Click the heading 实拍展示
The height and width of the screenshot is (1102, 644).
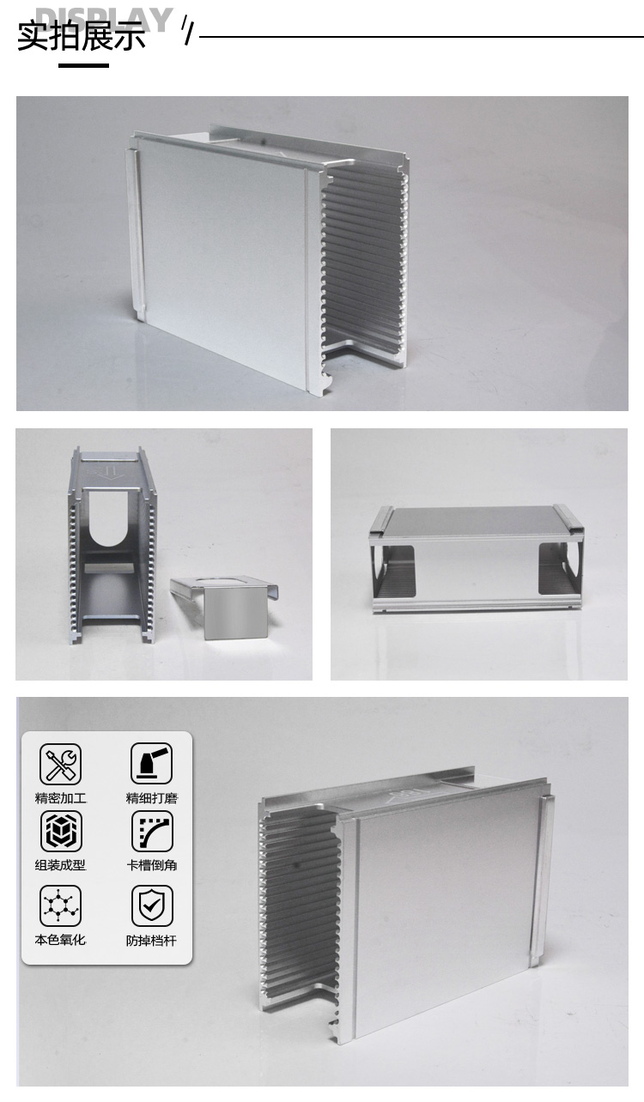point(82,36)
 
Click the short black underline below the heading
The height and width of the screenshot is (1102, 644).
point(83,65)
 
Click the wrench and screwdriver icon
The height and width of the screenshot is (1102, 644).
point(61,764)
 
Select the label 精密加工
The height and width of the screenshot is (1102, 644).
point(61,798)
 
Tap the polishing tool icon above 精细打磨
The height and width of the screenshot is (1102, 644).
point(152,763)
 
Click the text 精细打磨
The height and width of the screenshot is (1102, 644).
point(152,798)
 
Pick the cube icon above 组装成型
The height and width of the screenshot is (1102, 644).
point(61,832)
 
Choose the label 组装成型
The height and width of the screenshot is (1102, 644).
point(61,865)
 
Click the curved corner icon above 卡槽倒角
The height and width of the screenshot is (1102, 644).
point(152,832)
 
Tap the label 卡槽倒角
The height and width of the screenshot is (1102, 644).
point(152,865)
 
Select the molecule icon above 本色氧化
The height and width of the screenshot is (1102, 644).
point(61,906)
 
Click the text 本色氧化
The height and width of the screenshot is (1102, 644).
point(60,940)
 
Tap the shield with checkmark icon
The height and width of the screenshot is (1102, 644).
point(152,906)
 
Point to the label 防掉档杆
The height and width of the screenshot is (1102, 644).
point(151,941)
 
